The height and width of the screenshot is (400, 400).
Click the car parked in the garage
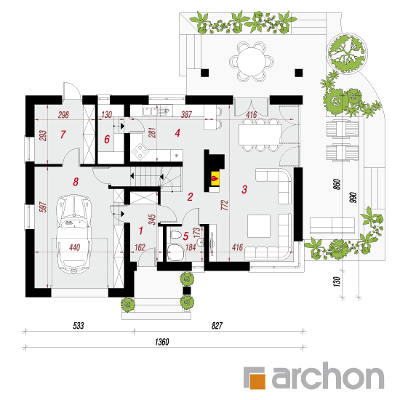tap(74, 234)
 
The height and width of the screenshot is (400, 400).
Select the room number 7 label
tap(63, 135)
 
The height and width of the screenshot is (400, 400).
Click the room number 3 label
tap(244, 189)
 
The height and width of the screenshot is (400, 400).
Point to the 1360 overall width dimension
tap(161, 342)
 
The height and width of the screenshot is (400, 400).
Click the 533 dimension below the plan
tap(79, 326)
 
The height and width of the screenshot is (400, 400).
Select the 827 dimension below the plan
tap(217, 326)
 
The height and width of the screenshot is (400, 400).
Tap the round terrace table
tap(252, 61)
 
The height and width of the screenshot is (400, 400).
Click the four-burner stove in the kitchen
tap(140, 151)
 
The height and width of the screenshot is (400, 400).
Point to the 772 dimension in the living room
tap(225, 205)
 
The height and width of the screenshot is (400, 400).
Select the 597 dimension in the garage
tap(43, 207)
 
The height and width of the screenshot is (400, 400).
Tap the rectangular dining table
tap(260, 135)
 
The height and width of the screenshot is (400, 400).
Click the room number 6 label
tap(107, 140)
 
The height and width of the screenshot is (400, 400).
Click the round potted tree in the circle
tap(347, 53)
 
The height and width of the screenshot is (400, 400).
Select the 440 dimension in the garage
tap(74, 247)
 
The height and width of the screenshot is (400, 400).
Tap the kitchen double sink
tap(151, 111)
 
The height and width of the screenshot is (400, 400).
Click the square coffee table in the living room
tap(259, 226)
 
